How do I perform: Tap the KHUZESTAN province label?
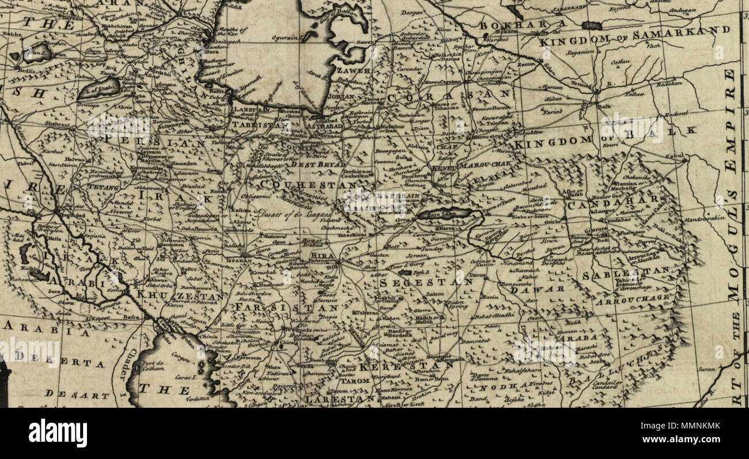click(181, 297)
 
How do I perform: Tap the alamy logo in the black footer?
click(58, 433)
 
